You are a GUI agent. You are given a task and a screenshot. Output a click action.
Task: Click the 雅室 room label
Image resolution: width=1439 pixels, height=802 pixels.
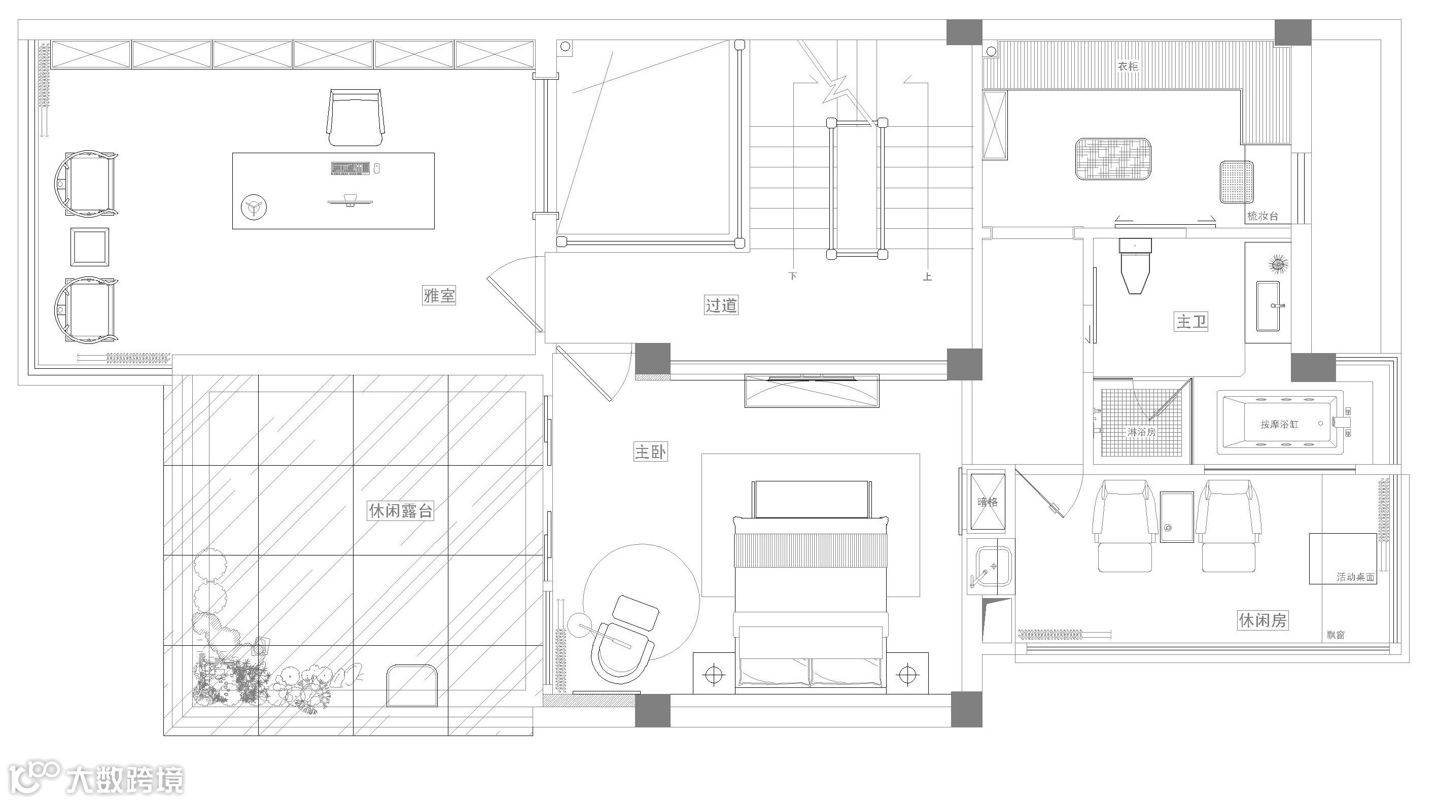tap(439, 295)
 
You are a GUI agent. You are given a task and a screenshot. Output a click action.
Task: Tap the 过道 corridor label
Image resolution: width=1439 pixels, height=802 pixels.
tap(721, 305)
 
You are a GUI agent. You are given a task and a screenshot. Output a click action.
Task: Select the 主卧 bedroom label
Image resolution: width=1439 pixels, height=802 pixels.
tap(650, 451)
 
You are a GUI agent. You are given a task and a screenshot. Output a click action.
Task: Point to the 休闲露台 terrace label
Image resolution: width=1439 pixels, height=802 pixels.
tap(401, 510)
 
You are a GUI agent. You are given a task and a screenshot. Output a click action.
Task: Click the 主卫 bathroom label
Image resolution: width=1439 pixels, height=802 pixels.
tap(1191, 322)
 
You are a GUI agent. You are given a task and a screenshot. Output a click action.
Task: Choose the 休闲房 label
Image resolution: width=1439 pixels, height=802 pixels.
tap(1263, 620)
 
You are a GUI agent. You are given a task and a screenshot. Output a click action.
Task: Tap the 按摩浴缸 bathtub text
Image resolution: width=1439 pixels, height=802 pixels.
tap(1279, 425)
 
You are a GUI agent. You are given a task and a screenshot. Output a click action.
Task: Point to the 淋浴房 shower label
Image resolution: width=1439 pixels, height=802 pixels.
tap(1141, 432)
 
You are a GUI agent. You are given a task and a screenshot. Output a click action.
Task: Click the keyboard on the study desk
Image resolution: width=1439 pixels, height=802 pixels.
tap(350, 167)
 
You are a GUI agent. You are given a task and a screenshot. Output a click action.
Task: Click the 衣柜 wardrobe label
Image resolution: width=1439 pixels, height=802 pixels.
tap(1127, 66)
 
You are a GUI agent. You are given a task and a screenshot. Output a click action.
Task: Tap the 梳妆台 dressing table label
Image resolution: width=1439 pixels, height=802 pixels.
tap(1262, 216)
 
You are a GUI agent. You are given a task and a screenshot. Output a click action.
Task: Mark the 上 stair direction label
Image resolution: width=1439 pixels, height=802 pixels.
tap(927, 276)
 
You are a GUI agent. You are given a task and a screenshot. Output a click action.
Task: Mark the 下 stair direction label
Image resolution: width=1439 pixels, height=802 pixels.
tap(792, 276)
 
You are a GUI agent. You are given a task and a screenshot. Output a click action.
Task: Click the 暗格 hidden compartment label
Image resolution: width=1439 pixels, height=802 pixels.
tap(987, 502)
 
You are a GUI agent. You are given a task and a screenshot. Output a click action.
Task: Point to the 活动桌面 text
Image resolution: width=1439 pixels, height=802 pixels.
tap(1355, 577)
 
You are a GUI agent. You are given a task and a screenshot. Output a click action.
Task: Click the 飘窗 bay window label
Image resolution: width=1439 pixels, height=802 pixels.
tap(1336, 635)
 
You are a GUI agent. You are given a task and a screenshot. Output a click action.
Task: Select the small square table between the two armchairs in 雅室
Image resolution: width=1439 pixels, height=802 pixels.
tap(89, 247)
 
